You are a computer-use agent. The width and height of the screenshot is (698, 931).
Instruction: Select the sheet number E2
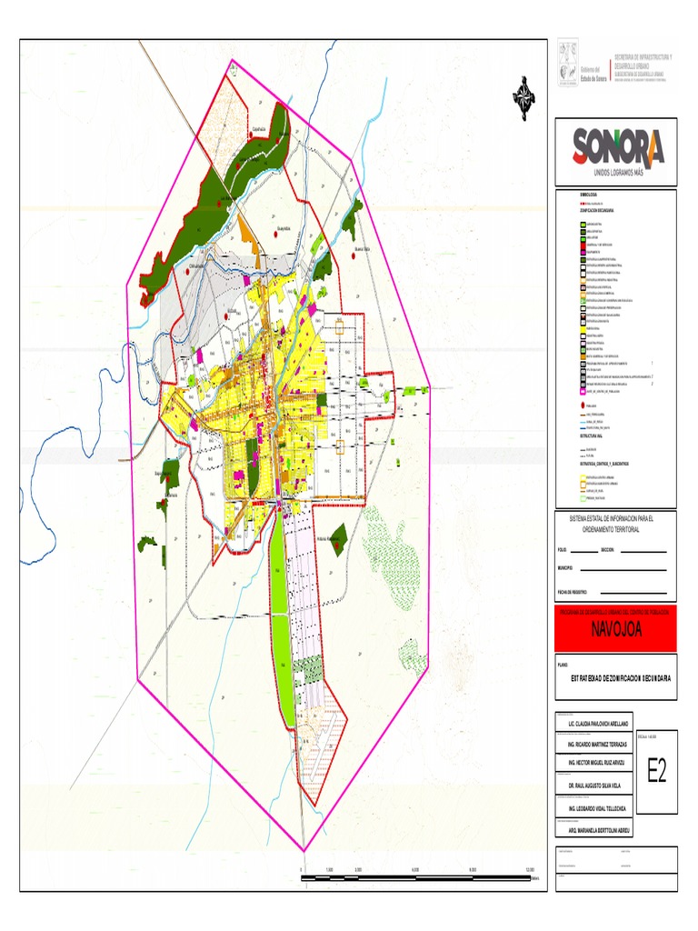pos(656,772)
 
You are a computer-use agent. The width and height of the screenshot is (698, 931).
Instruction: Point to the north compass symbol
pos(524,95)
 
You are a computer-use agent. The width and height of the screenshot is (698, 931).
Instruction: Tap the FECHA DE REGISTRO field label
pos(573,591)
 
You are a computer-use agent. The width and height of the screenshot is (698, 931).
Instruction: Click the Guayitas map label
pos(282,229)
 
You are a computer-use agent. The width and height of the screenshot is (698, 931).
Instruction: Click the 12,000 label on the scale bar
pos(530,870)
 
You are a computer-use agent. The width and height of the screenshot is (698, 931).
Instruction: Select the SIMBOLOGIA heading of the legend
pos(588,195)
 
